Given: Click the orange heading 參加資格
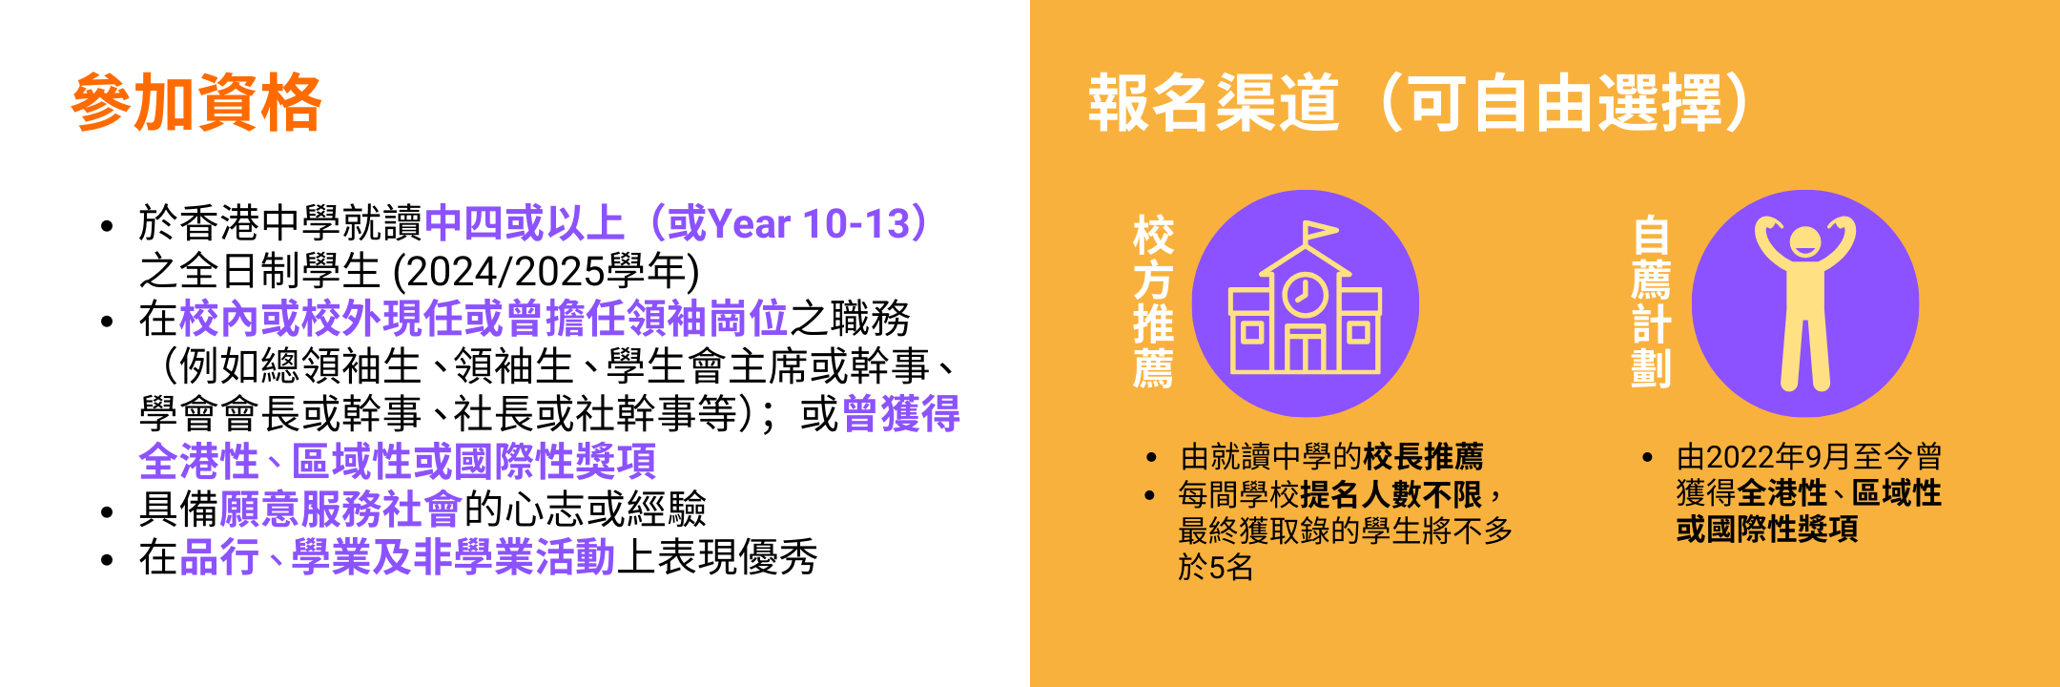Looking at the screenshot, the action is pos(196,102).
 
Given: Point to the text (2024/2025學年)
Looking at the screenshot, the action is pos(546,271).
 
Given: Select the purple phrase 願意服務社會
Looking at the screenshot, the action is pos(340,510).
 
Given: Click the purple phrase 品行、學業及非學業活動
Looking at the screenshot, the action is pos(398,557).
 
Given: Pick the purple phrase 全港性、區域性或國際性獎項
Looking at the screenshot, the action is pos(398,462).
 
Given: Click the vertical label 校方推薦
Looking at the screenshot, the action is pos(1153,302).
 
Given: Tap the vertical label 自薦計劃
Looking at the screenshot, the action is pos(1651,302).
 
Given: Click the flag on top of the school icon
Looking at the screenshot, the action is pos(1319,232).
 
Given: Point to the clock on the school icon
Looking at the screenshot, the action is pos(1305,294).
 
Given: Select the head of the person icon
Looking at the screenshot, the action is pos(1804,242).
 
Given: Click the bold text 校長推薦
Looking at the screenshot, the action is pos(1423,457).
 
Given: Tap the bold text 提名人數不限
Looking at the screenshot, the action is pos(1391,494).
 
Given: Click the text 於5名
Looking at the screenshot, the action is pos(1216,568).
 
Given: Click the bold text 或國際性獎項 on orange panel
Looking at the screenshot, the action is pos(1767,530).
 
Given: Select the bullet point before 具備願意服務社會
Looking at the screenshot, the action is pos(108,512).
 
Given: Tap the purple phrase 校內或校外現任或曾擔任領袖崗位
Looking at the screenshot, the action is pos(484,319).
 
